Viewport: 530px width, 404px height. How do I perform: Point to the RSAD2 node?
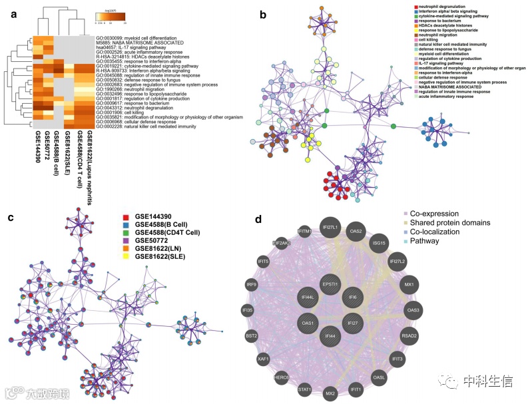(x=409, y=336)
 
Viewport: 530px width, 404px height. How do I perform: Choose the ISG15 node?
(x=380, y=243)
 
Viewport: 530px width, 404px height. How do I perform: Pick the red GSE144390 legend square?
(x=127, y=216)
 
